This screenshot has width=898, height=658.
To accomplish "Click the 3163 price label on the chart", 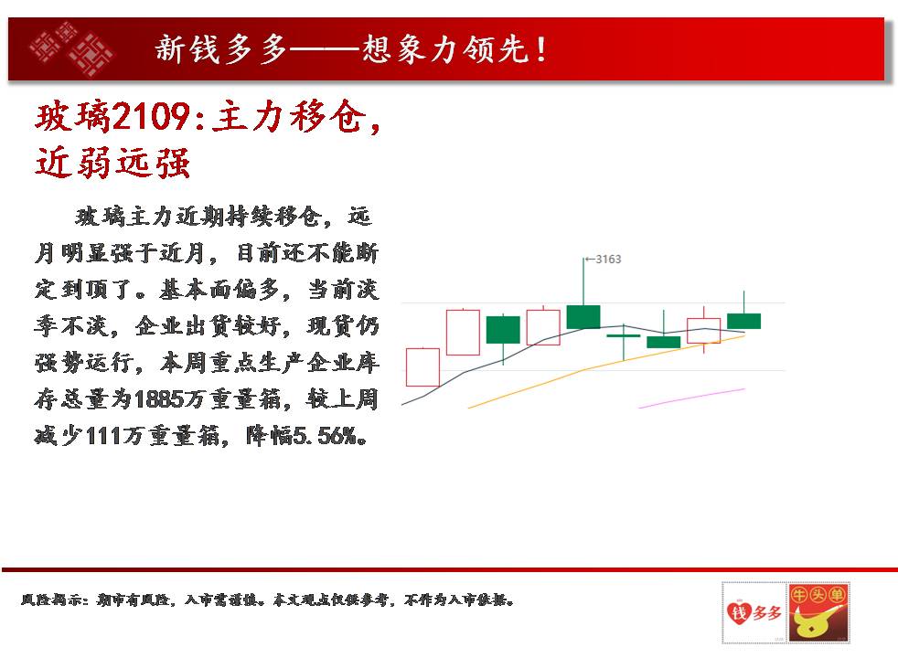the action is tap(608, 260).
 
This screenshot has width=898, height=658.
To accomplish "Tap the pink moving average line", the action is tap(692, 398).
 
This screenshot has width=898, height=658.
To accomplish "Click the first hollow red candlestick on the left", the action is tap(422, 366).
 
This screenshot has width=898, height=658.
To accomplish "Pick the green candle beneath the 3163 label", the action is tap(583, 316).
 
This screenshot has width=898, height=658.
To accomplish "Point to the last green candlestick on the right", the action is tap(744, 321).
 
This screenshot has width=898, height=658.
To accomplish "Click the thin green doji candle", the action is tap(623, 335).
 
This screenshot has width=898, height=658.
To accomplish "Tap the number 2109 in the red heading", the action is tap(151, 117).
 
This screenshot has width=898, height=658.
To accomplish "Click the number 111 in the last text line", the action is tap(103, 437).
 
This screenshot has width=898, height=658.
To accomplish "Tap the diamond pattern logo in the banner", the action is tap(71, 48).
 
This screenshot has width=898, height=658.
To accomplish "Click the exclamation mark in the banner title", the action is tap(541, 49).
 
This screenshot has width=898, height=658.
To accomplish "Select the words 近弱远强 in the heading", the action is tap(112, 163).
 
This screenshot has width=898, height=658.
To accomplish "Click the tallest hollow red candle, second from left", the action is tap(463, 332).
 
